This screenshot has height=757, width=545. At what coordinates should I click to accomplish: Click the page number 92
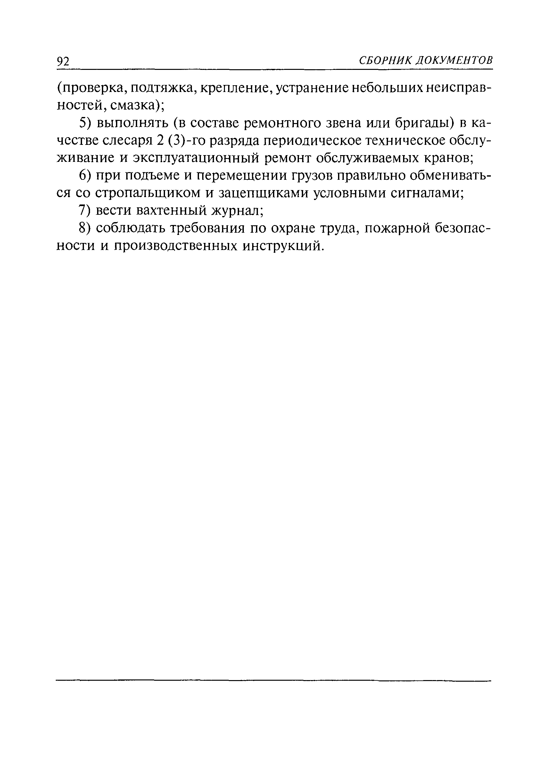click(63, 62)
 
